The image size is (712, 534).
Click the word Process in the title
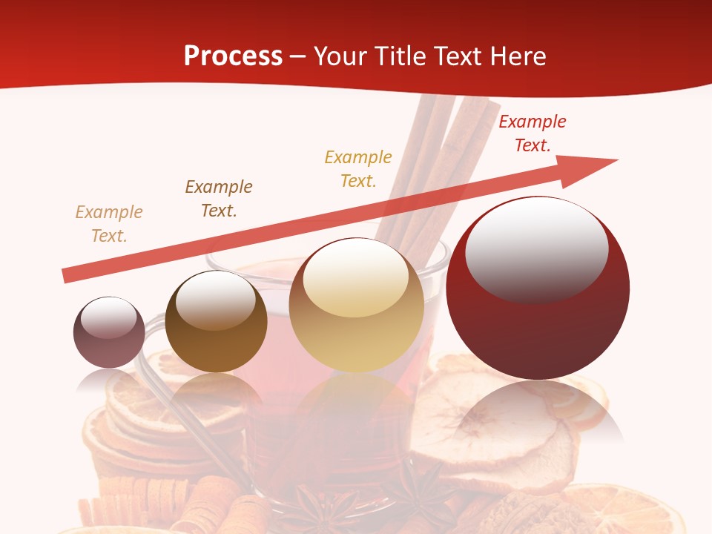coord(233,56)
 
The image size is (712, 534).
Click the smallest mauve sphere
coord(109,332)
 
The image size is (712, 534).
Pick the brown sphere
coord(216,322)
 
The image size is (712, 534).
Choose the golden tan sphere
coord(357,306)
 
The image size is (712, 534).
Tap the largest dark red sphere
coord(538,288)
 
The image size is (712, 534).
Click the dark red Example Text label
coord(533,133)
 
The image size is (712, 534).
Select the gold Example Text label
coord(358,168)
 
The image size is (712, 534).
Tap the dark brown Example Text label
coord(219,199)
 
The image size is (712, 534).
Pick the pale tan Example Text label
coord(109,224)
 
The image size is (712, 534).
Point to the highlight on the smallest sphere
coord(109,317)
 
